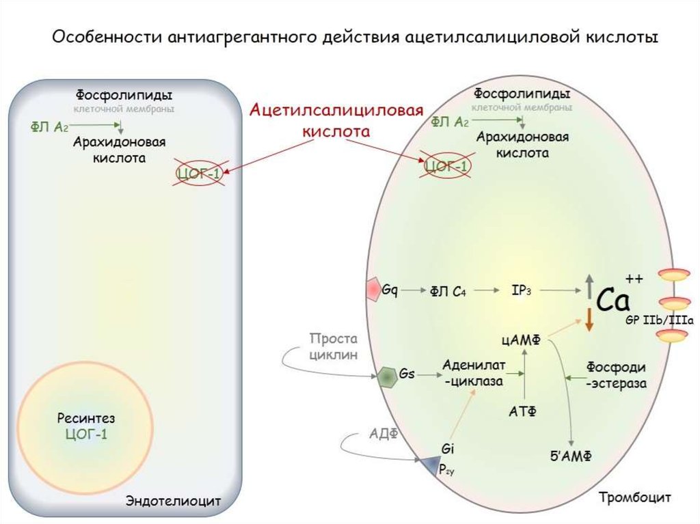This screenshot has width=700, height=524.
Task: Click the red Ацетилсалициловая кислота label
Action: (336, 120)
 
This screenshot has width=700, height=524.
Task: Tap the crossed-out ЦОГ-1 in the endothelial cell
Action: (199, 172)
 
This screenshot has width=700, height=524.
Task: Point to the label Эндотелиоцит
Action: (173, 501)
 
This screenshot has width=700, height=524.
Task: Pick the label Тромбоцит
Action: (634, 497)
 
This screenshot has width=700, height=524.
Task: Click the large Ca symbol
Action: (613, 300)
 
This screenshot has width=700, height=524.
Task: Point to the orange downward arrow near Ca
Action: (589, 320)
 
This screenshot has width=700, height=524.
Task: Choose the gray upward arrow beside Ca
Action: (589, 286)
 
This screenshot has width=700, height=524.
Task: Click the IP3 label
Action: (521, 291)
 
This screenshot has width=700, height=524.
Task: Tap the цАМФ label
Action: (521, 340)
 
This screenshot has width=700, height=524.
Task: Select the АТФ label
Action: (523, 411)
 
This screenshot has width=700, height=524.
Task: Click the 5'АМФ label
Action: (571, 456)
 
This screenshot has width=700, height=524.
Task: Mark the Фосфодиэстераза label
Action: (616, 375)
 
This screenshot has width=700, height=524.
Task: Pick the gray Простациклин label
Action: (334, 346)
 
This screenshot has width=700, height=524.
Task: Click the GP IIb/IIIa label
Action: (660, 320)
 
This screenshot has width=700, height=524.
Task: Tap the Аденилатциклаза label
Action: (474, 373)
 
